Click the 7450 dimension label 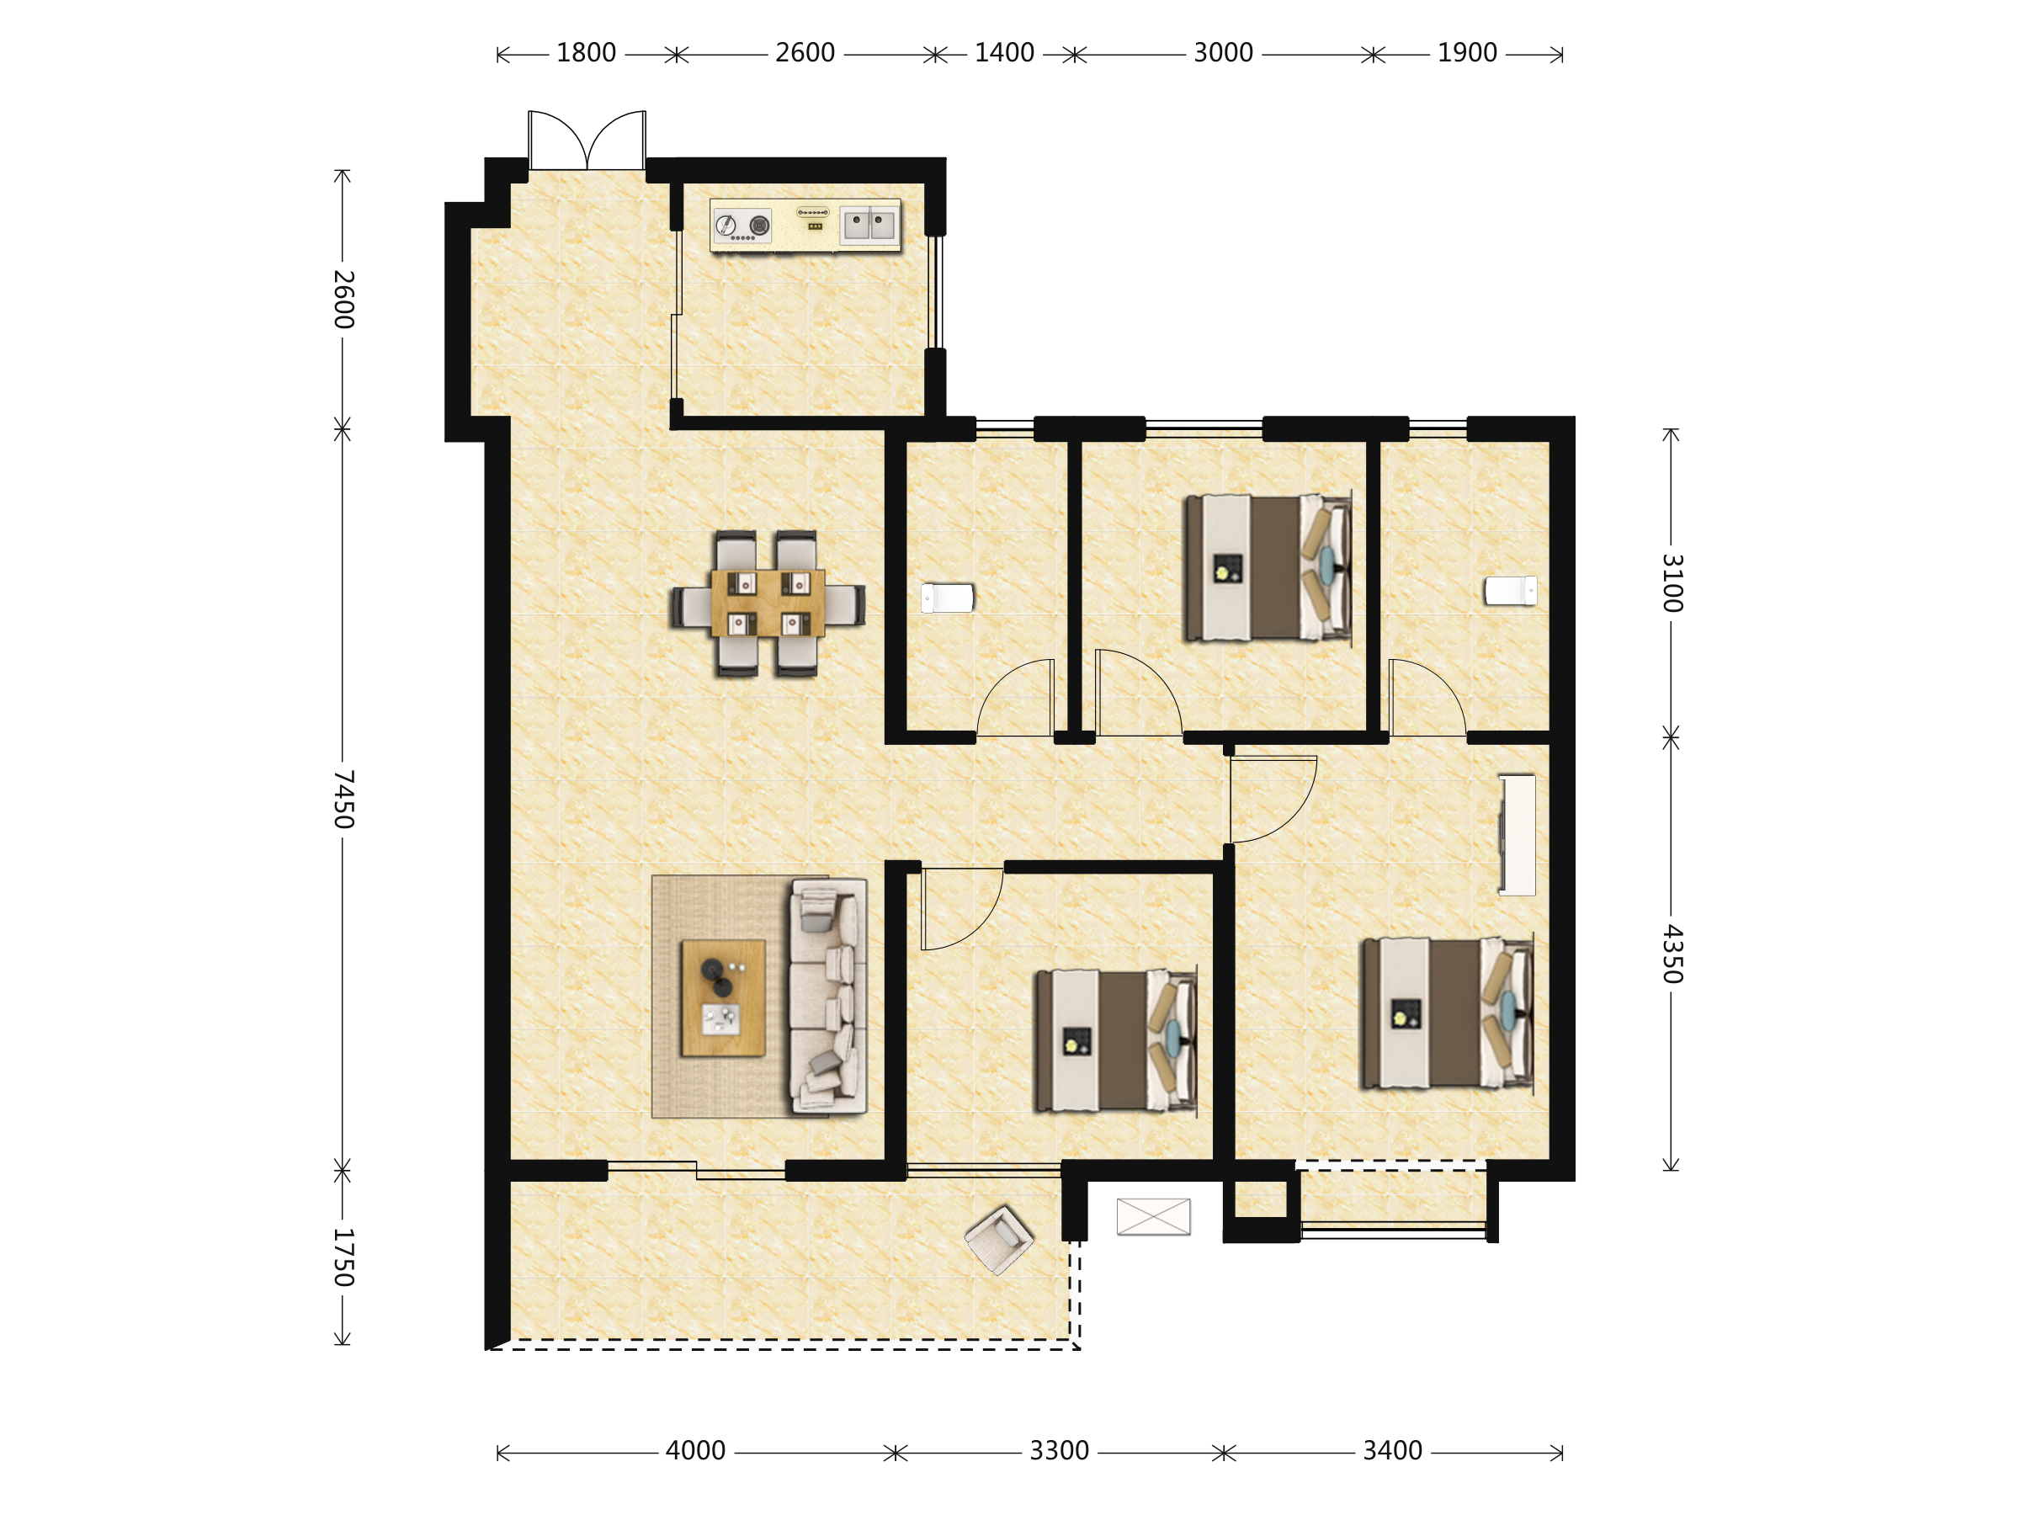343,799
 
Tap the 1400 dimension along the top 1003,53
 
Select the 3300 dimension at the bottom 1060,1451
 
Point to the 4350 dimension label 1672,954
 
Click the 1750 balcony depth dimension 343,1257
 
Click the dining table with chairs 768,603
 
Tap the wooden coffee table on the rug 723,998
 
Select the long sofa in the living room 828,996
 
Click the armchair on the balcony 999,1239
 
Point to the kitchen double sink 869,225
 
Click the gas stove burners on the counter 742,226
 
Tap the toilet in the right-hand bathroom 1511,591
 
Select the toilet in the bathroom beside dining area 947,598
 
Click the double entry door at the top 587,141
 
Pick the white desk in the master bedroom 1517,835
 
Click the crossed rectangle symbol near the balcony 1153,1216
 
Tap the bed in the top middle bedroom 1268,568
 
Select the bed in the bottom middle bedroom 1115,1041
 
